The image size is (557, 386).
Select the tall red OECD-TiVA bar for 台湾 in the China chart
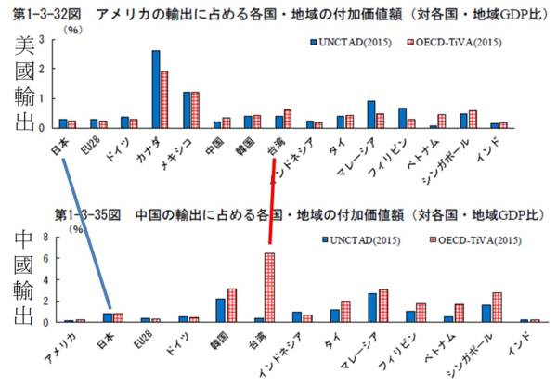coord(269,288)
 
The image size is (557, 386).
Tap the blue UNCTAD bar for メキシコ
coord(187,109)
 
